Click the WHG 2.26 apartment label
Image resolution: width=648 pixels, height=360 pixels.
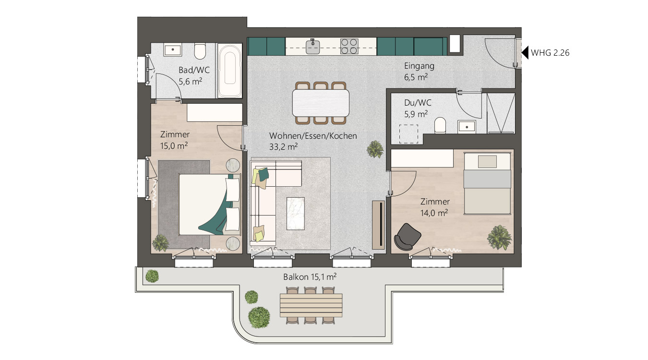pos(550,53)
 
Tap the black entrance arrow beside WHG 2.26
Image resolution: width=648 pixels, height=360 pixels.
pos(525,53)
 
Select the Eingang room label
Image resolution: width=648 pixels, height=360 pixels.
pos(419,66)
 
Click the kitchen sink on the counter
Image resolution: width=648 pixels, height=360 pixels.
pos(312,47)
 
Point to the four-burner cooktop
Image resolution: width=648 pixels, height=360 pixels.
pos(349,46)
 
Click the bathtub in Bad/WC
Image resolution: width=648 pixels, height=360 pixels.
pos(230,71)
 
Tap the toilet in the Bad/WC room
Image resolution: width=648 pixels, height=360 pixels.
pos(200,51)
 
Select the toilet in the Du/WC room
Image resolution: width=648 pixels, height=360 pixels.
pos(440,125)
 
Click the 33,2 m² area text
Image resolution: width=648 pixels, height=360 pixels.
pos(284,147)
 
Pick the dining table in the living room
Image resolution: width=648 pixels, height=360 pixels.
pos(321,103)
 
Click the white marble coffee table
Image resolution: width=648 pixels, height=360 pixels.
pos(296,214)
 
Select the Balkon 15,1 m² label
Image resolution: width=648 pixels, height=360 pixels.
pos(310,277)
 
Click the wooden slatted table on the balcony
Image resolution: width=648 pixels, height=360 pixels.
pos(311,305)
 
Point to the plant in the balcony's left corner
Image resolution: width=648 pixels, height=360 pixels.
pos(152,276)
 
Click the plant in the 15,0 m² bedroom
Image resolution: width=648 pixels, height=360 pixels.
pos(160,242)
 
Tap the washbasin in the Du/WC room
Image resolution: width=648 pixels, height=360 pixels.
pos(467,127)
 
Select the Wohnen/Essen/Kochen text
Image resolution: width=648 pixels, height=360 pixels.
pos(313,136)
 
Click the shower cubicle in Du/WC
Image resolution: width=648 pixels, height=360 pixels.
pos(501,113)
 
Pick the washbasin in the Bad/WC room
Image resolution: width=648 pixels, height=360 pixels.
pos(173,49)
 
